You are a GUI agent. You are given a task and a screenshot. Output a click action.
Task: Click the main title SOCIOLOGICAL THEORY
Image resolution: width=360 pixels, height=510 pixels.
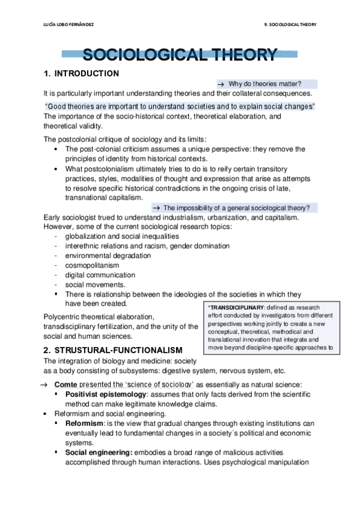click(x=180, y=55)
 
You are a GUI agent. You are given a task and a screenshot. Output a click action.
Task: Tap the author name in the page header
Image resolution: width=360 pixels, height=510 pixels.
click(x=69, y=24)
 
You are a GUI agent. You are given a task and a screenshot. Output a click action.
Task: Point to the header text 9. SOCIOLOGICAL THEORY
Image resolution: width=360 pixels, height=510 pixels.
click(x=290, y=24)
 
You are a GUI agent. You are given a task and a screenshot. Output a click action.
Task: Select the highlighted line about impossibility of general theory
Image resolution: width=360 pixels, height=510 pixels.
click(x=236, y=208)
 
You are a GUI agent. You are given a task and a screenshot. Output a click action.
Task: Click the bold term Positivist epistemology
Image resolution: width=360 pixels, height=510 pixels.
click(x=106, y=394)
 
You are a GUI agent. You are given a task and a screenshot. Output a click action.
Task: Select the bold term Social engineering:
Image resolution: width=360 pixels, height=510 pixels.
click(x=99, y=452)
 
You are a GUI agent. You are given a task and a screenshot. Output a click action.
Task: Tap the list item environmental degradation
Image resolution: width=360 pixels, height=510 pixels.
click(x=108, y=256)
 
